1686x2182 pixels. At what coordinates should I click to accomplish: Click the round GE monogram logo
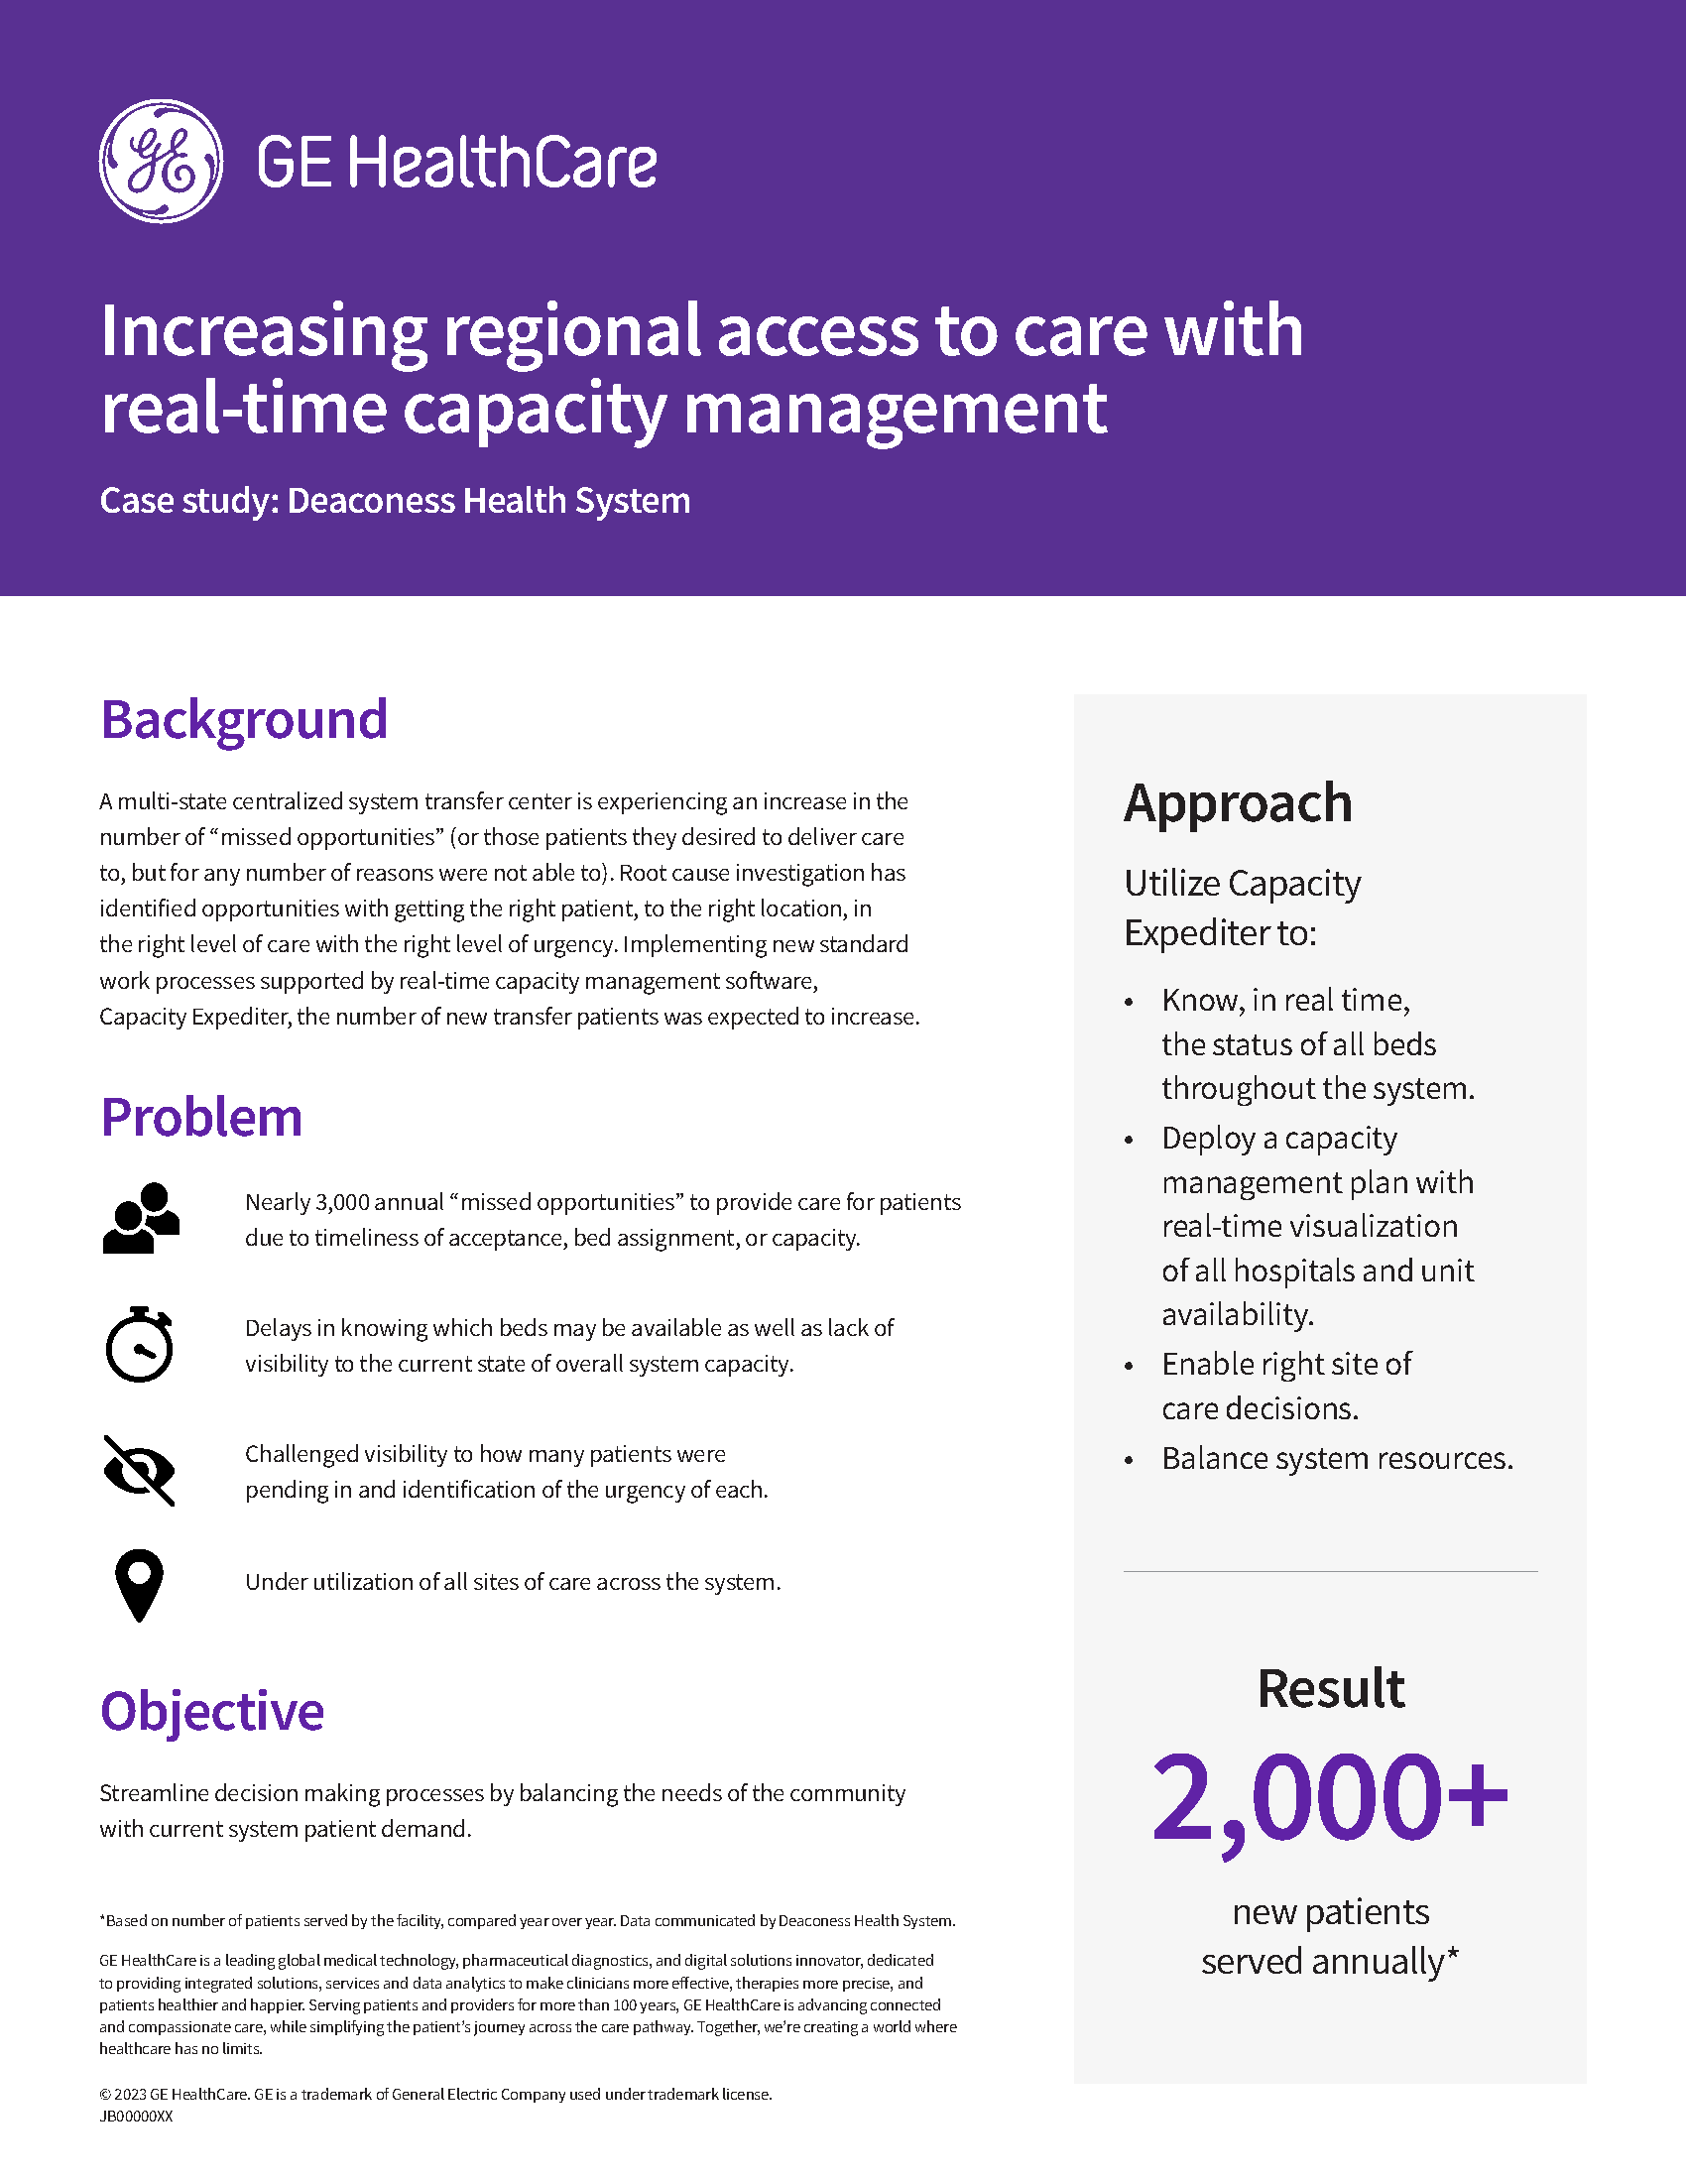click(x=161, y=161)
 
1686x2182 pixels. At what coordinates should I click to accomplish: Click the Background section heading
click(x=244, y=719)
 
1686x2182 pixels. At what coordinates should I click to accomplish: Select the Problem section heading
click(x=200, y=1117)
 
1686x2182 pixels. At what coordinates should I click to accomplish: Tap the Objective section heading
click(x=212, y=1711)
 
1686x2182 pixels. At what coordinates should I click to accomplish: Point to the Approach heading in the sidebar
click(x=1238, y=803)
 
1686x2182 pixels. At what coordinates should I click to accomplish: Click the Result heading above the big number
click(x=1330, y=1688)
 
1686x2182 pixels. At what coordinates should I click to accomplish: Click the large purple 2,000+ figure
click(x=1329, y=1798)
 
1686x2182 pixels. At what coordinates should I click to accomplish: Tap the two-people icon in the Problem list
click(x=141, y=1218)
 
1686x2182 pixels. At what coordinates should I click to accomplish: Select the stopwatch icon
click(x=140, y=1345)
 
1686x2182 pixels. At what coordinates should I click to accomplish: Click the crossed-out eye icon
click(x=140, y=1471)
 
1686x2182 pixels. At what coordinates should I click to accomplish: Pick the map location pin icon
click(x=139, y=1585)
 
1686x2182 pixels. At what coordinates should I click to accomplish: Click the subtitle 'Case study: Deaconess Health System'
click(x=395, y=501)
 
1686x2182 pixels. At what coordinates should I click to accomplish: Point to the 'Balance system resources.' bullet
click(x=1337, y=1459)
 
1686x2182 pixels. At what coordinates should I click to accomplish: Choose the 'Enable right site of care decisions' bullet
click(x=1286, y=1386)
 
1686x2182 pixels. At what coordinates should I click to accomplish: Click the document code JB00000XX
click(x=136, y=2117)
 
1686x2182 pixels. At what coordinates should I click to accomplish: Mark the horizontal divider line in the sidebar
click(x=1329, y=1572)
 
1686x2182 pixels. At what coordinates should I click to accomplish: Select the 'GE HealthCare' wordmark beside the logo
click(x=456, y=163)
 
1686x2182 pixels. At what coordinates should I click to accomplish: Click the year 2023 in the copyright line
click(x=130, y=2094)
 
